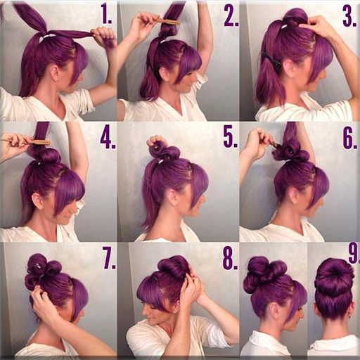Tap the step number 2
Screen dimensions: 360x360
(x=231, y=15)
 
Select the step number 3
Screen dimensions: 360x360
(x=348, y=15)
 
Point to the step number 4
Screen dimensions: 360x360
(x=107, y=137)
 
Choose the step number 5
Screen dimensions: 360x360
(x=230, y=136)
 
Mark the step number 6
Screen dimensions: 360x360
(x=349, y=137)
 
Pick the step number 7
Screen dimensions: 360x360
(x=109, y=258)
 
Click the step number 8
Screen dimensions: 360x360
(x=230, y=258)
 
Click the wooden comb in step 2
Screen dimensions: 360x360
(x=169, y=21)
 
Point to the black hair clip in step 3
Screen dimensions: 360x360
(x=269, y=60)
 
